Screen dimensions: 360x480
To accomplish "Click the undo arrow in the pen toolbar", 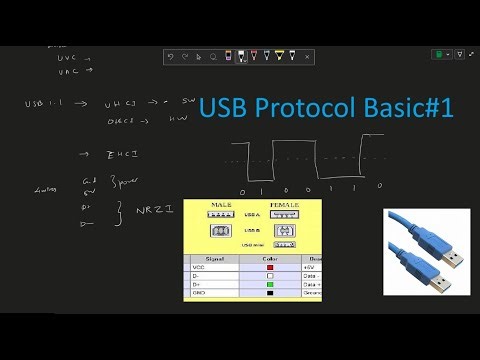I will click(x=171, y=57).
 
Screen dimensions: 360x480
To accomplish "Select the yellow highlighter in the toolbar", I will click(x=279, y=57).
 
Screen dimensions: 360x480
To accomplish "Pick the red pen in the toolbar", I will click(x=256, y=57).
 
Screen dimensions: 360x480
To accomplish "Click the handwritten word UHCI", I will click(x=124, y=103).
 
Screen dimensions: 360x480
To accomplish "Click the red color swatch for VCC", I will click(x=268, y=267).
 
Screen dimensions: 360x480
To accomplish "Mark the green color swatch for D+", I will click(x=268, y=285).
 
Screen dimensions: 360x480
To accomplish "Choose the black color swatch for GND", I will click(x=268, y=294).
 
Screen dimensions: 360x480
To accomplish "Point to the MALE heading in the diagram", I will click(x=222, y=205).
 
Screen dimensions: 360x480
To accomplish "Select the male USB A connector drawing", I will click(x=222, y=214).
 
